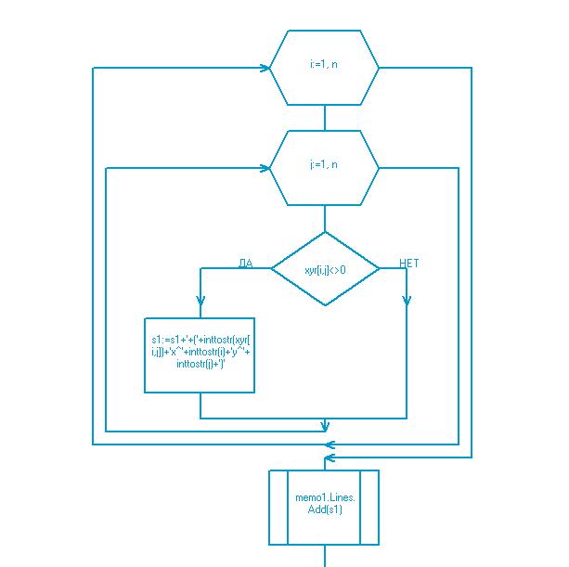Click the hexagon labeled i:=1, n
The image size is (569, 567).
point(324,67)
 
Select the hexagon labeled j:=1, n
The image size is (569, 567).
point(324,167)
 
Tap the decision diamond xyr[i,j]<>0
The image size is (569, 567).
point(324,269)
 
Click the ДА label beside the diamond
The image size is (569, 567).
point(245,264)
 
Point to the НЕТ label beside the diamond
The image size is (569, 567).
point(409,264)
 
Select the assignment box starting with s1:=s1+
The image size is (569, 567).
point(200,352)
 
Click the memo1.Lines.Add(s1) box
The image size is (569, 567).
point(324,507)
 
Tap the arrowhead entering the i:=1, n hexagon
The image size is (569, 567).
point(265,68)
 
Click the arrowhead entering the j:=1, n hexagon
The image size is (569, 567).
point(265,168)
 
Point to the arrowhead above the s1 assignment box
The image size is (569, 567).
point(200,301)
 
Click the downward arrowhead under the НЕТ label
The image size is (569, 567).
point(407,300)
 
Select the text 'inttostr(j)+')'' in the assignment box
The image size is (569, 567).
point(200,364)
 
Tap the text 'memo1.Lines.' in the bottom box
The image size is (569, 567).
point(325,499)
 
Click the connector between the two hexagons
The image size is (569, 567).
point(324,117)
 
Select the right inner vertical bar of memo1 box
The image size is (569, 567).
point(369,507)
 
